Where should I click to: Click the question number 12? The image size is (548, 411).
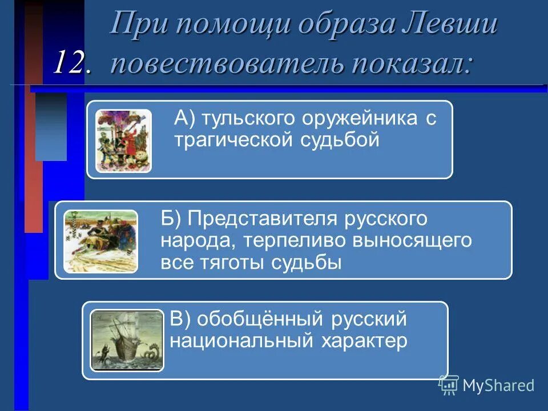(x=72, y=62)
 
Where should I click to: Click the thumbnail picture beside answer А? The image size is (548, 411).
(x=123, y=140)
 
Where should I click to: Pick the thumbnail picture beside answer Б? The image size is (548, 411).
(x=100, y=241)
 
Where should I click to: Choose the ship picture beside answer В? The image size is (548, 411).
(x=127, y=341)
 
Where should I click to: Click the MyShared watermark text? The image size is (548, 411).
(x=498, y=385)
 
